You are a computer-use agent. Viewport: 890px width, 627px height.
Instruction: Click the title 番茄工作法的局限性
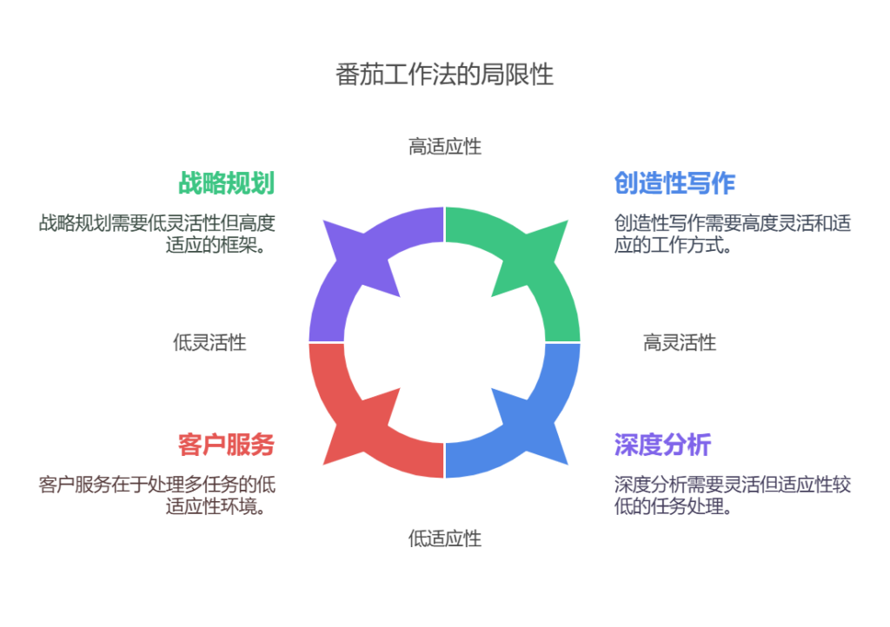444,75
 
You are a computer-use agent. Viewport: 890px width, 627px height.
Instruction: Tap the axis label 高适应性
445,146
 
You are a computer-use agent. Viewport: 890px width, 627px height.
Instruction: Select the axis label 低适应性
445,538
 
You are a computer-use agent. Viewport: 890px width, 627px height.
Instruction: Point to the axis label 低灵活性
209,342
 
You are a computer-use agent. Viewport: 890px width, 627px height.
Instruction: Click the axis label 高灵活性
680,342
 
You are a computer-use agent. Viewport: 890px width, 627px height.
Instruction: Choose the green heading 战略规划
227,182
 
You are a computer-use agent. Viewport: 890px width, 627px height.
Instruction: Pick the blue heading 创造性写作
674,182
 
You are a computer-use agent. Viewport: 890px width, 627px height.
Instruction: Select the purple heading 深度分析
663,445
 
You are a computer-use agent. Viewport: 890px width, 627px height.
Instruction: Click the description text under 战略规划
156,234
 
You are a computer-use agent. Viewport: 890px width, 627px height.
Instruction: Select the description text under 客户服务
156,495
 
